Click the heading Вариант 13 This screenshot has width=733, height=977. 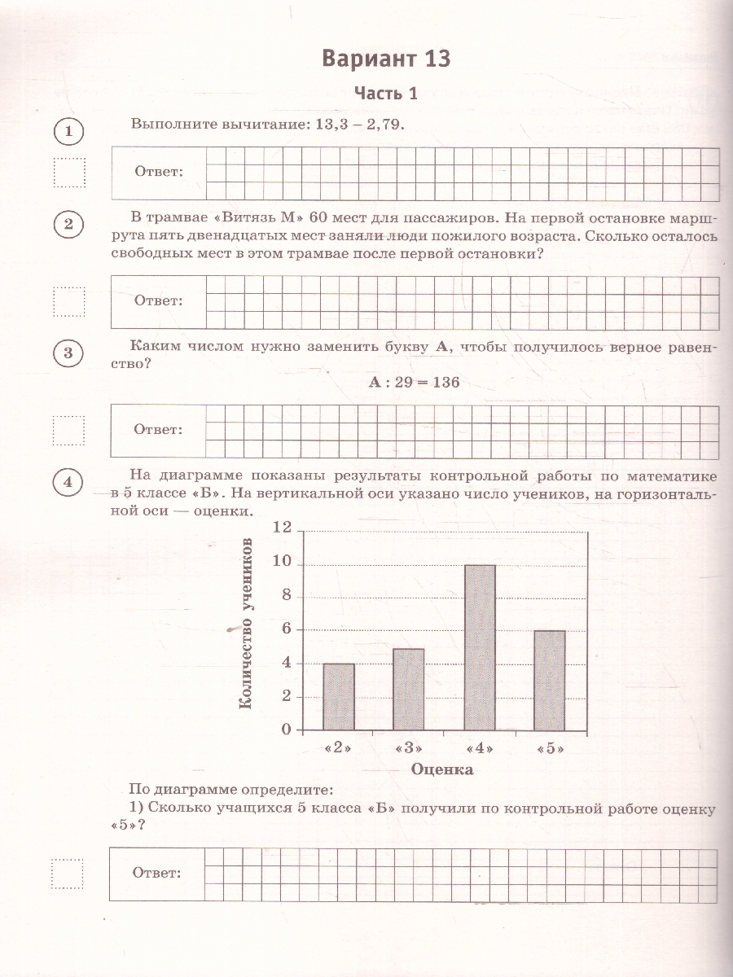click(385, 59)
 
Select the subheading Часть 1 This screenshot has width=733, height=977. click(385, 94)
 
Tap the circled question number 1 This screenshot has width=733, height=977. click(69, 131)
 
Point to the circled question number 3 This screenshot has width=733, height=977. click(69, 353)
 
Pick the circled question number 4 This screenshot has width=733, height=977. click(69, 482)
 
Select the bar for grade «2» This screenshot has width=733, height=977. click(339, 696)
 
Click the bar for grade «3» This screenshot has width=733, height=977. click(408, 689)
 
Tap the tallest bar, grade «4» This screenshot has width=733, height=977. click(480, 647)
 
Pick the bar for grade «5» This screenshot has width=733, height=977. click(550, 680)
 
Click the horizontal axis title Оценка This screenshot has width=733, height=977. click(442, 769)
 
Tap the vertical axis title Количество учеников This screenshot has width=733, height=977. click(245, 623)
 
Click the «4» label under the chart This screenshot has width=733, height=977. click(479, 749)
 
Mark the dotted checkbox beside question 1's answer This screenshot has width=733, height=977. click(69, 173)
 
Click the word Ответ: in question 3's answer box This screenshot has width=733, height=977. click(158, 429)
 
